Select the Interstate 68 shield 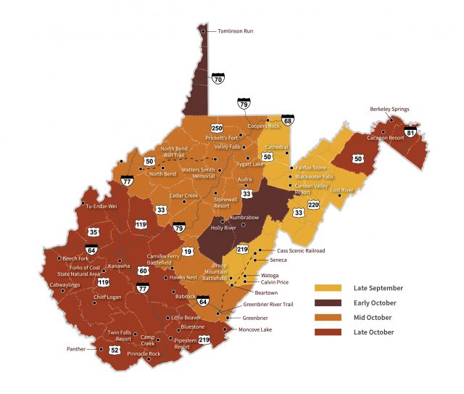click(288, 121)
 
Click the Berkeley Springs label click(389, 110)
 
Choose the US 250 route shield click(217, 128)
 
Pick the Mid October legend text click(374, 317)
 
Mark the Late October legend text click(374, 332)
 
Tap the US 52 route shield click(115, 350)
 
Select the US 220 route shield click(313, 205)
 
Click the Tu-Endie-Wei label click(101, 206)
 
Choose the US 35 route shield click(94, 232)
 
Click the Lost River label click(341, 189)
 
